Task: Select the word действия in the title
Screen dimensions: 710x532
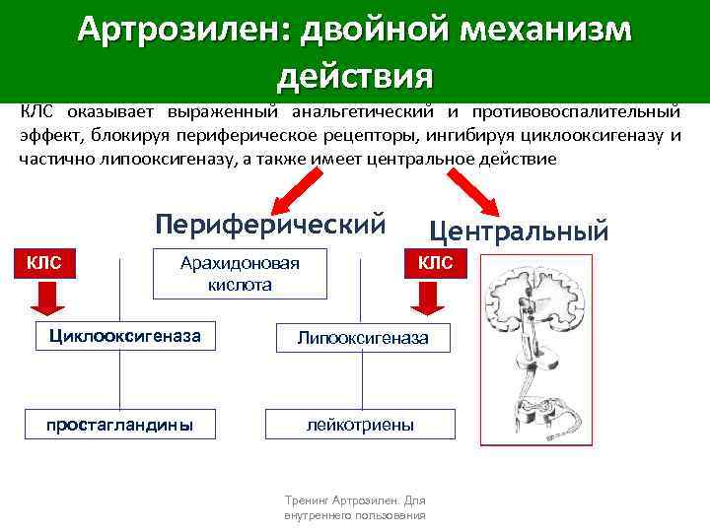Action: [x=355, y=75]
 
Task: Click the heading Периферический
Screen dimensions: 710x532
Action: [x=269, y=224]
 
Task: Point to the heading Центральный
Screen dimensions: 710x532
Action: [x=520, y=231]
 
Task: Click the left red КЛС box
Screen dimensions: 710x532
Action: [x=43, y=262]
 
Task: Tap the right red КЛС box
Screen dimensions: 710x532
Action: [x=435, y=262]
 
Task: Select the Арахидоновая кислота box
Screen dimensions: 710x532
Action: [x=240, y=273]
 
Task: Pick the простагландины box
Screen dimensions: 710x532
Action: [x=119, y=425]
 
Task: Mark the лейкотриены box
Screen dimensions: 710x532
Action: [x=360, y=425]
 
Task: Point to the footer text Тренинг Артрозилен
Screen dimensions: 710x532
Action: [x=354, y=507]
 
